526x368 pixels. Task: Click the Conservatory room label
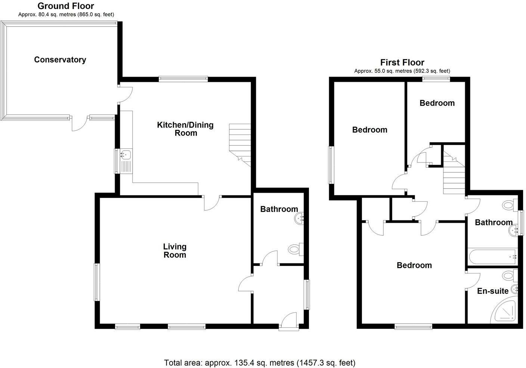(60, 60)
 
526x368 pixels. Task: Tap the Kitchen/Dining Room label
(185, 129)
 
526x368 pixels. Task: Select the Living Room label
(174, 251)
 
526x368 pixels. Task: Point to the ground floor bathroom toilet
(296, 249)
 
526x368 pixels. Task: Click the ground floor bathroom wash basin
(300, 219)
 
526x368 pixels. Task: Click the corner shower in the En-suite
(505, 312)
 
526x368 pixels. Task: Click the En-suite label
(493, 291)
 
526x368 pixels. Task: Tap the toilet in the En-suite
(509, 276)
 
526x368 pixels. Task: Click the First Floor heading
(402, 62)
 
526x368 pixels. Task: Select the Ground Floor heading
(66, 6)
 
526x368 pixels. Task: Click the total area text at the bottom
(260, 362)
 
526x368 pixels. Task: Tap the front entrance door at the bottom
(289, 322)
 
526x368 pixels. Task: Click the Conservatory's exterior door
(79, 123)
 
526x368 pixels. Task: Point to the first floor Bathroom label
(493, 223)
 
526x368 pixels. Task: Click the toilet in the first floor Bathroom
(509, 205)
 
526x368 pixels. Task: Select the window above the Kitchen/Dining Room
(183, 78)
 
